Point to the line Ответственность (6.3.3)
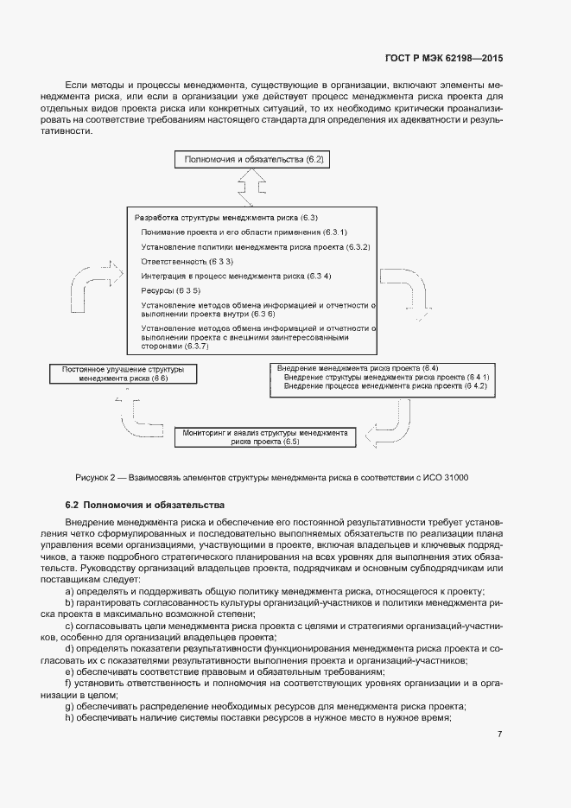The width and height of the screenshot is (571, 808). point(187,261)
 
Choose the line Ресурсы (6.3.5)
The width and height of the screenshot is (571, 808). point(170,290)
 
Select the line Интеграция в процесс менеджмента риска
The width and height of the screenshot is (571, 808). point(236,276)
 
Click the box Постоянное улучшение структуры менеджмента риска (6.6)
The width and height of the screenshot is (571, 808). point(124,373)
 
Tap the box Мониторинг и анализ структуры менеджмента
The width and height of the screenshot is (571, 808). point(265,436)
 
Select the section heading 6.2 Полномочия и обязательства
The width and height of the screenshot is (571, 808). point(144,504)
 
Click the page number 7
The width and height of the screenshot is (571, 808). point(499,735)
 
